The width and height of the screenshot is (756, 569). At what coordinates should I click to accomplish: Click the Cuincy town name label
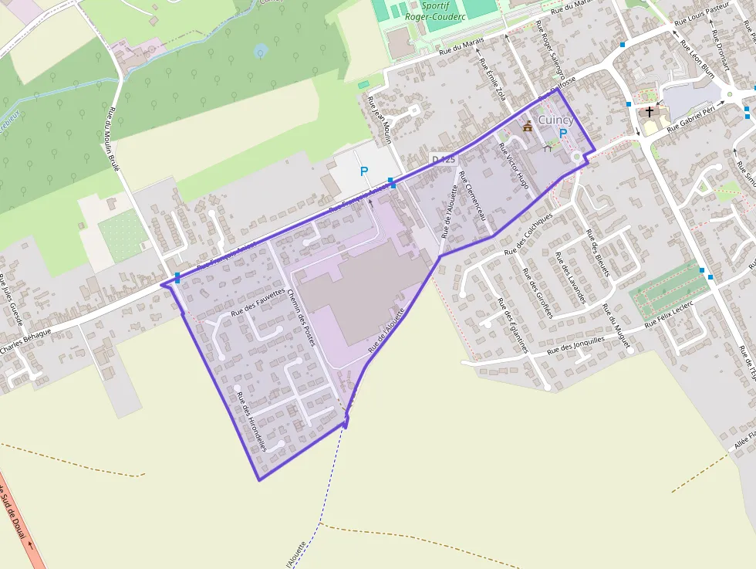555,120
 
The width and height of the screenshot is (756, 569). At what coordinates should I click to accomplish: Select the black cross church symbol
650,112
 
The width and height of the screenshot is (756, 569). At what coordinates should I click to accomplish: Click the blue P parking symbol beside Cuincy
562,134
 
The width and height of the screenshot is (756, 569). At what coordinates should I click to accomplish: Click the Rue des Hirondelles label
252,422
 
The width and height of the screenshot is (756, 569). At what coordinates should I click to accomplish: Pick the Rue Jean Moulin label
380,120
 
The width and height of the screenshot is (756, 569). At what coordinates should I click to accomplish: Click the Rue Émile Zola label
492,80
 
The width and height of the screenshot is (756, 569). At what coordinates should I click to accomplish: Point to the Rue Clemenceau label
475,198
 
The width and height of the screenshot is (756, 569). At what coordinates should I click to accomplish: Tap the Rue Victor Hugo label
516,171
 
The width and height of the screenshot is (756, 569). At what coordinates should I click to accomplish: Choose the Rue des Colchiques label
528,234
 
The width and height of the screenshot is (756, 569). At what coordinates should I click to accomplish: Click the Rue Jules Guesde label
12,302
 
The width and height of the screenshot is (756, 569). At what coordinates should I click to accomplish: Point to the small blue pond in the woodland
260,51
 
